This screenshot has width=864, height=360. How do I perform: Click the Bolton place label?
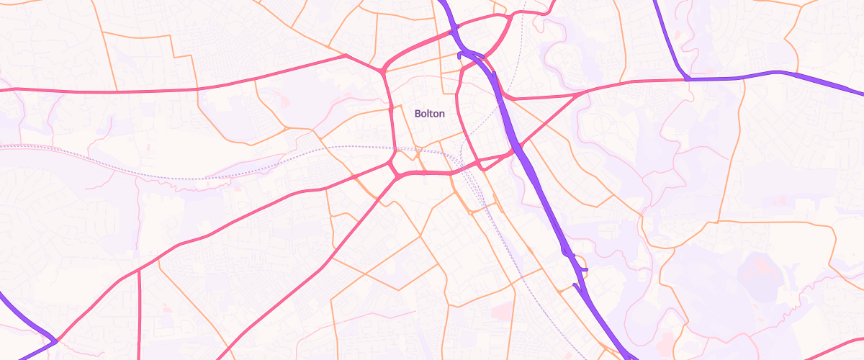[x=430, y=114]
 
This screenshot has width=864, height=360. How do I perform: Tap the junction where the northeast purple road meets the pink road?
[x=689, y=78]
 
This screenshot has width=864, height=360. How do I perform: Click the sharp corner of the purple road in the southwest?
[x=55, y=340]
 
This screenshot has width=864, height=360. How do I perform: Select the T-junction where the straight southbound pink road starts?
[x=139, y=271]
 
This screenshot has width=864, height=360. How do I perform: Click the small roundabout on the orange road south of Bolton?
[x=469, y=212]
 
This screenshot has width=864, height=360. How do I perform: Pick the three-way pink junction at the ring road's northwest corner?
[x=382, y=71]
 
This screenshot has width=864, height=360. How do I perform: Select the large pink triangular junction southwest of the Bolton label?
[x=395, y=171]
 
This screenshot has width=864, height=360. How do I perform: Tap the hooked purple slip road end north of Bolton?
[x=461, y=53]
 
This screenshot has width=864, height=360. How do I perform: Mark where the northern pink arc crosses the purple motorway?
[x=454, y=30]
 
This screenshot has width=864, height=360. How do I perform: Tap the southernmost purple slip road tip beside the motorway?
[x=575, y=285]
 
